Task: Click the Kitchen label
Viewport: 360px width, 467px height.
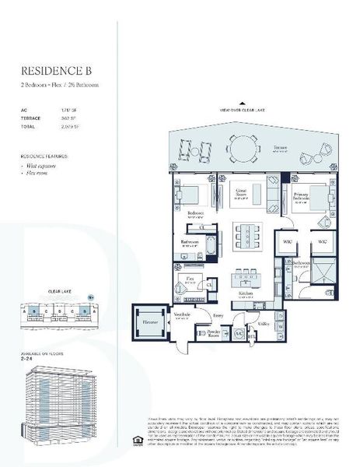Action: pos(246,293)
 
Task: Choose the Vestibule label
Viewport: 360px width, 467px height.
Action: pos(183,314)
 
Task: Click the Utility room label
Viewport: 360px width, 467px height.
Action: pos(264,321)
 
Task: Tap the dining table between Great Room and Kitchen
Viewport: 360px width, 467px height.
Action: pos(246,233)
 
